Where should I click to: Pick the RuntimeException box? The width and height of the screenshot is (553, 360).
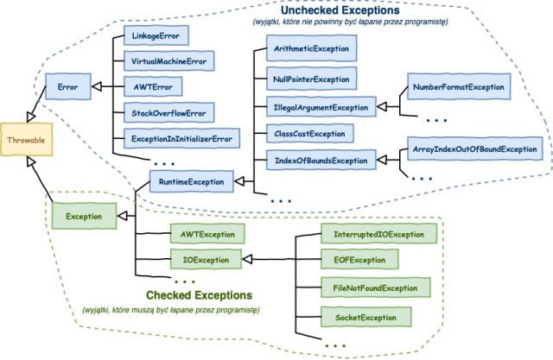(192, 182)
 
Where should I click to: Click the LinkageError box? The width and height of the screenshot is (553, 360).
(156, 37)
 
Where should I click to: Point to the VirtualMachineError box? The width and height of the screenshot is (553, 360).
(169, 62)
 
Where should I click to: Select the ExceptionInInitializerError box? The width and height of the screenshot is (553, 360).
(183, 138)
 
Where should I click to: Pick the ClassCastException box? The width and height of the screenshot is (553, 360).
(309, 134)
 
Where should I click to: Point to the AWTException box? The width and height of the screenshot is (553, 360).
(207, 234)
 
